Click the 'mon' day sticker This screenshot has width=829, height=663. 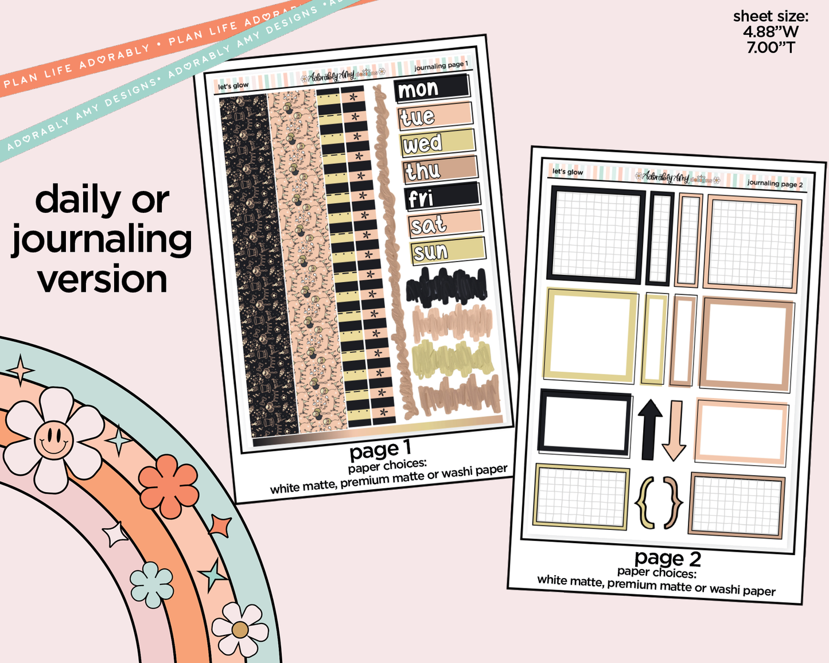tap(432, 88)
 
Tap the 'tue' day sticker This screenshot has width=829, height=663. tap(435, 116)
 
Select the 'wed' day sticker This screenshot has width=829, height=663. tap(438, 143)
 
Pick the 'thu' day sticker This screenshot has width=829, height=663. tap(440, 170)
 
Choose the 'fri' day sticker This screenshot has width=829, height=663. tap(441, 197)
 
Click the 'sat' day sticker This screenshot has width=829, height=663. tap(445, 224)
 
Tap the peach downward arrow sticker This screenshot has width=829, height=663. tap(675, 430)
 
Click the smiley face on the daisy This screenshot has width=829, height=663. tap(53, 439)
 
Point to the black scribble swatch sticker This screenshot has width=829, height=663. tap(446, 286)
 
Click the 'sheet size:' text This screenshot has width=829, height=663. tap(770, 17)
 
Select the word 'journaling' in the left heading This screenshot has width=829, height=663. tap(102, 240)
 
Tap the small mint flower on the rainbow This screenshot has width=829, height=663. tap(151, 584)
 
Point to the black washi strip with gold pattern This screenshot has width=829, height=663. tap(258, 264)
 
